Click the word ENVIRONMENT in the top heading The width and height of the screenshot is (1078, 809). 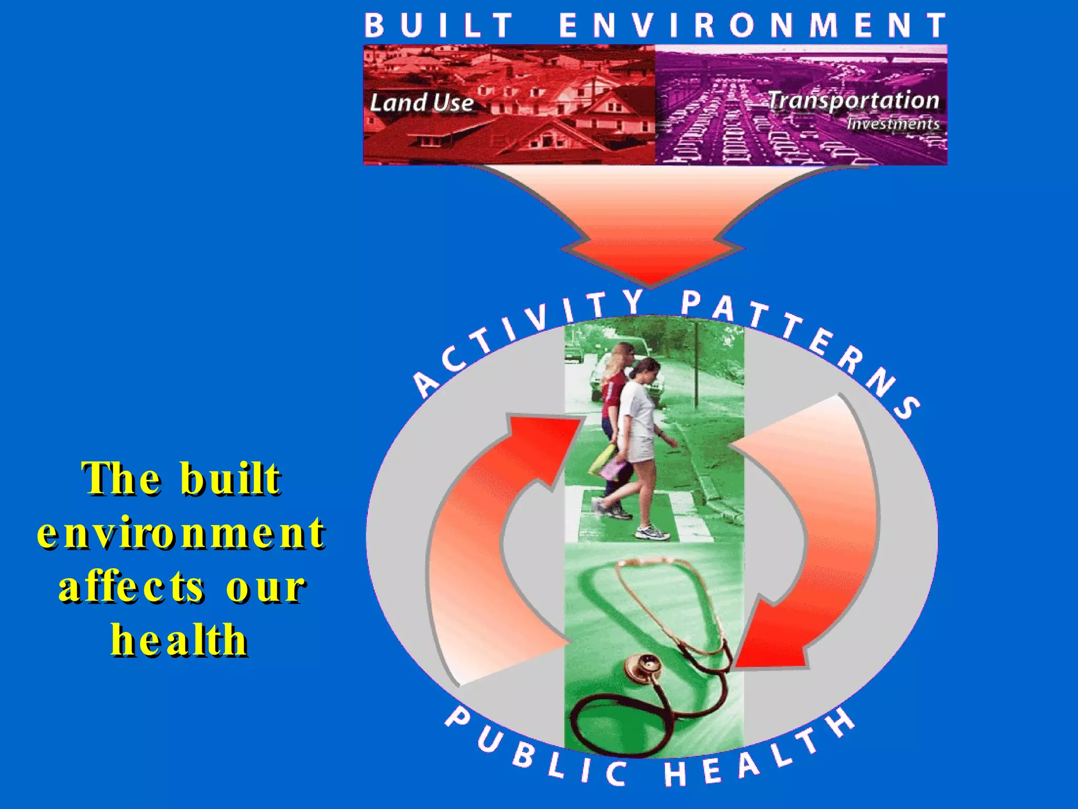[752, 26]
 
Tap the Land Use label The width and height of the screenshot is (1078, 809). [421, 102]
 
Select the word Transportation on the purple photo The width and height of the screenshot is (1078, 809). [853, 100]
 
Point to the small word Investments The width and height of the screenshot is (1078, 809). [893, 124]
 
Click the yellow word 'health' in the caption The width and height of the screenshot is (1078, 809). [179, 639]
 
